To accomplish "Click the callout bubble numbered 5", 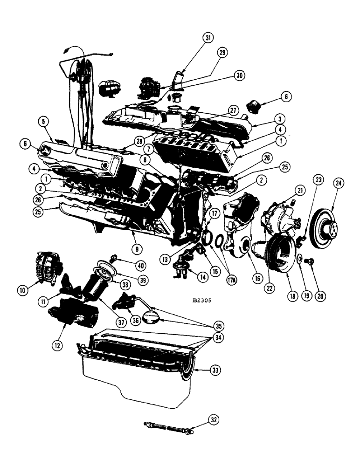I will (x=43, y=123).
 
